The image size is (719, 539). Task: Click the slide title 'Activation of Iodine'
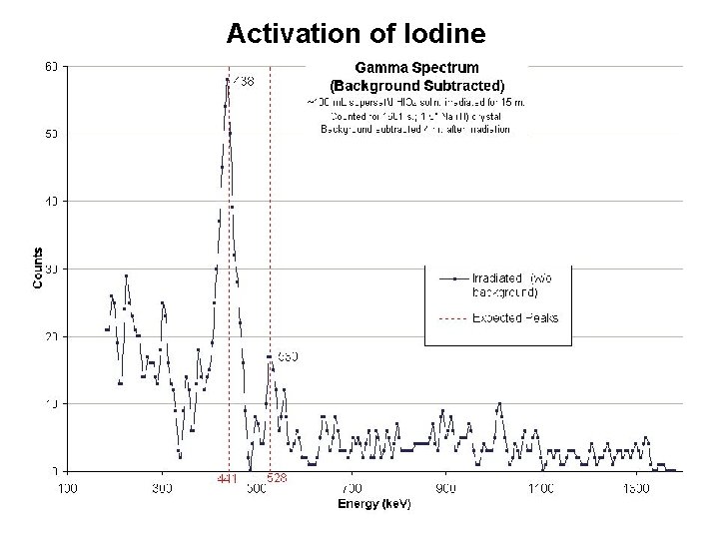click(x=356, y=33)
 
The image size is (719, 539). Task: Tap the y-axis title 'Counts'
click(x=38, y=269)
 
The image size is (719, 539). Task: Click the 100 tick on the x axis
click(x=66, y=489)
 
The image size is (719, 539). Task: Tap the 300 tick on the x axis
click(x=161, y=489)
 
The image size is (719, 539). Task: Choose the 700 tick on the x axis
click(x=351, y=489)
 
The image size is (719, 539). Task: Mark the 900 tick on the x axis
click(x=445, y=489)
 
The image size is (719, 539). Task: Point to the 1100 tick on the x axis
click(x=540, y=489)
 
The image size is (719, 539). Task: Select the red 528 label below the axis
click(x=277, y=479)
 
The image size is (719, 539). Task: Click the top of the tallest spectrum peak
click(x=228, y=80)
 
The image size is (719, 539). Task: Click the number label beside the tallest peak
click(x=243, y=83)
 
